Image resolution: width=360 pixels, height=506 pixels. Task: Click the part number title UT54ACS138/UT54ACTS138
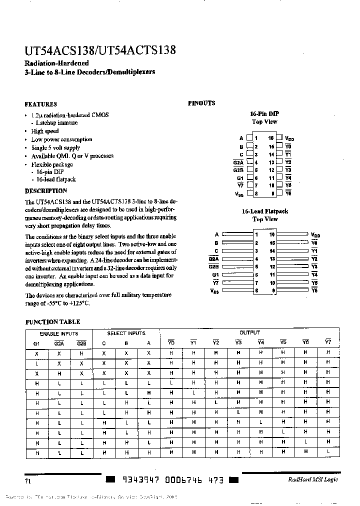[x=99, y=51]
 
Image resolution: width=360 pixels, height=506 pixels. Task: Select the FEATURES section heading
[x=40, y=104]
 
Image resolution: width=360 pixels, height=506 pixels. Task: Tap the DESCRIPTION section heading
[x=45, y=191]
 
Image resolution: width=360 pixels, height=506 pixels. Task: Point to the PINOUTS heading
[x=201, y=103]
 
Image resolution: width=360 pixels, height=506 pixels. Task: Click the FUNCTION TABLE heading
[x=52, y=322]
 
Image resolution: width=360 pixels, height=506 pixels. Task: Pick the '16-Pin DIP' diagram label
[x=264, y=113]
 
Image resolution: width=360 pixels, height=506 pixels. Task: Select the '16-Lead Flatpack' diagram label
[x=264, y=211]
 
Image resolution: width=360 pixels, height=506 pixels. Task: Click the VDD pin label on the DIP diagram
[x=289, y=138]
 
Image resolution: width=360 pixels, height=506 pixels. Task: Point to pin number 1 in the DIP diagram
[x=255, y=138]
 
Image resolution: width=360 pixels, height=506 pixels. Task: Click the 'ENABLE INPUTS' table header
[x=58, y=333]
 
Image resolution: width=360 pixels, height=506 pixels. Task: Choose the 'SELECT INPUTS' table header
[x=126, y=333]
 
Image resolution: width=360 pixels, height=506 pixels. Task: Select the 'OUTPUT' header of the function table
[x=249, y=333]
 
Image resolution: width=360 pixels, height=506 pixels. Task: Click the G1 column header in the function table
[x=36, y=343]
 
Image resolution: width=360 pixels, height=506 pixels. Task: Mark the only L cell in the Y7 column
[x=328, y=452]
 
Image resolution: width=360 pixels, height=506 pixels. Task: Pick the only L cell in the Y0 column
[x=171, y=382]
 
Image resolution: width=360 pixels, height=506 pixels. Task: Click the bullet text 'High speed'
[x=45, y=131]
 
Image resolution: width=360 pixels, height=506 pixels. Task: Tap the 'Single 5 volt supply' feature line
[x=55, y=148]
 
